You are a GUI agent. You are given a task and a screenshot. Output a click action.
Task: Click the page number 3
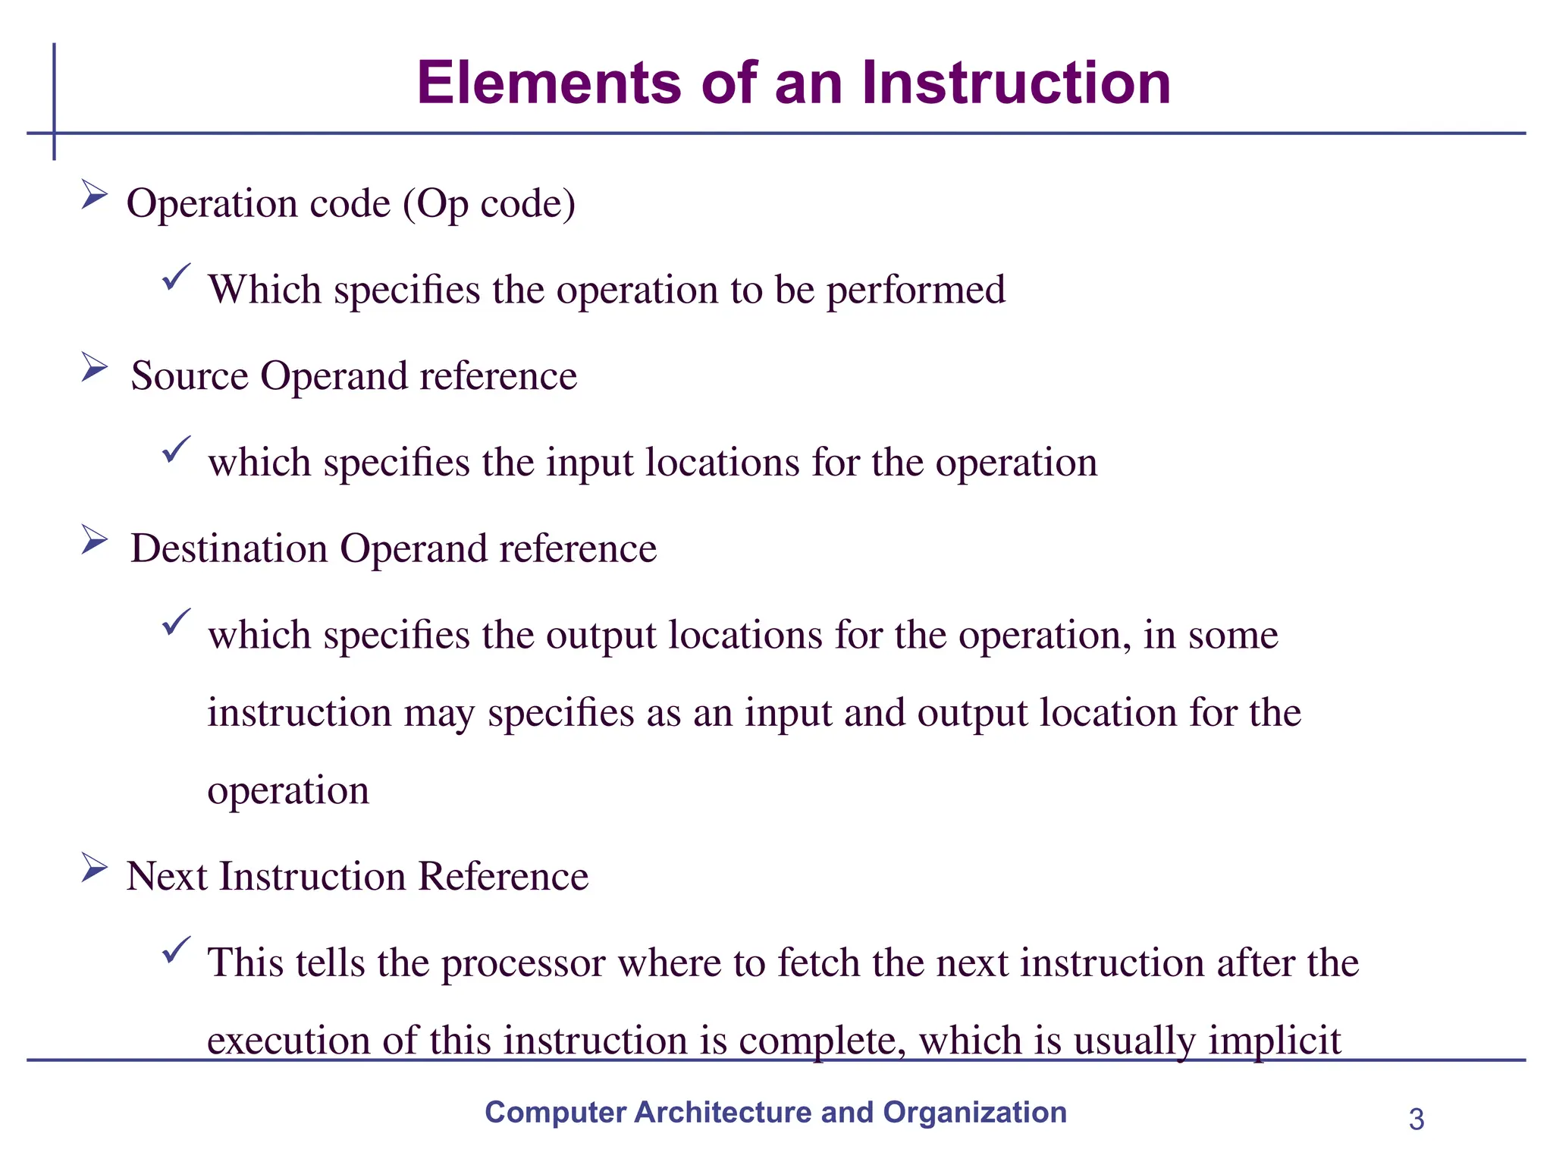pos(1416,1119)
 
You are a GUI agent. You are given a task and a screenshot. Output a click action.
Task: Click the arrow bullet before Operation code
pos(94,195)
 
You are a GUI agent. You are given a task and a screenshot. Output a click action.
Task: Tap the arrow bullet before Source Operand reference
pos(94,368)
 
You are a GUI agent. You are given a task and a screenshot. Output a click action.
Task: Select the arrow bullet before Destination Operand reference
pos(94,540)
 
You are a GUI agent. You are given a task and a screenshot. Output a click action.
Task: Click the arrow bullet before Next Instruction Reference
pos(94,868)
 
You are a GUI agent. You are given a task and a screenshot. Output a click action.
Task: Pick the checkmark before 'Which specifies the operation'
pos(176,277)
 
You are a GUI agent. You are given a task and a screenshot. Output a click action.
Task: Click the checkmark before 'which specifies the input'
pos(176,450)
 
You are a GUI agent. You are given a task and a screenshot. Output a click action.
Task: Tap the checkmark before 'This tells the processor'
pos(176,950)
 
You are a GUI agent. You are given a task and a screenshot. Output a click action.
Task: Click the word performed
pos(915,290)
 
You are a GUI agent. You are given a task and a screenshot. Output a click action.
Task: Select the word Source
pos(190,376)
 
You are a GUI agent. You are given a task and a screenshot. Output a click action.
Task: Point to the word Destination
pos(229,548)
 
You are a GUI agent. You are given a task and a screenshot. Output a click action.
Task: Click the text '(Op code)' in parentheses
pos(489,204)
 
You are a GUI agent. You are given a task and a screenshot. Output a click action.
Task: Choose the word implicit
pos(1275,1041)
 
